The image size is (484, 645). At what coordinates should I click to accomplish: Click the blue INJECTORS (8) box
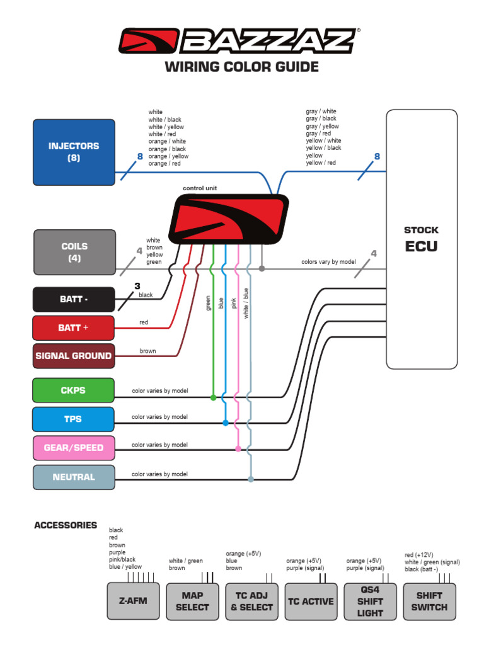click(74, 152)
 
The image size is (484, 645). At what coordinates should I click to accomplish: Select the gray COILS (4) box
click(74, 252)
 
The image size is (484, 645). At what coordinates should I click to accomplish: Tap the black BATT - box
click(74, 299)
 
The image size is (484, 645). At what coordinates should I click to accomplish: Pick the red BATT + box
click(74, 328)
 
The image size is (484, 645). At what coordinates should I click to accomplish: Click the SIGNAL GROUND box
click(74, 356)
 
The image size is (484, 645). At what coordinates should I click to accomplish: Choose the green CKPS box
click(74, 390)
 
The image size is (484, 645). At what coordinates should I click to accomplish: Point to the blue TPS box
click(74, 419)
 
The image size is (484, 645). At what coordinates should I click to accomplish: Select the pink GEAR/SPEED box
click(74, 448)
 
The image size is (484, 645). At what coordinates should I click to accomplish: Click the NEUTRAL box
click(74, 477)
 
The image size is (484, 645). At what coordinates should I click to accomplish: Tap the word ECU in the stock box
click(421, 246)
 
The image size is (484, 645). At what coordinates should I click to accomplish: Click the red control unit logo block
click(229, 219)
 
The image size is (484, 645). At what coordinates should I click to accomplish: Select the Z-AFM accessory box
click(133, 601)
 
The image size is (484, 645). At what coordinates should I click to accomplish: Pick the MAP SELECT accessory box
click(192, 601)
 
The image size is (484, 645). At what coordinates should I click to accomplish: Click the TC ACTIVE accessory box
click(311, 601)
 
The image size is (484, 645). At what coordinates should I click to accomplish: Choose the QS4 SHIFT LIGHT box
click(370, 601)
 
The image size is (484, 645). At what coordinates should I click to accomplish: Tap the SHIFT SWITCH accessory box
click(429, 601)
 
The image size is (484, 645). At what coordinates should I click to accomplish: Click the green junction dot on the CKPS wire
click(213, 397)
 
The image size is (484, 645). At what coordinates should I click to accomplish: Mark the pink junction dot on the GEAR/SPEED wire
click(238, 449)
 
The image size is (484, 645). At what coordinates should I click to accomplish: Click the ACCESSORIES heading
click(66, 525)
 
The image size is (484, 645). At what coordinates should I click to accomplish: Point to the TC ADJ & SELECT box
click(251, 601)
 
